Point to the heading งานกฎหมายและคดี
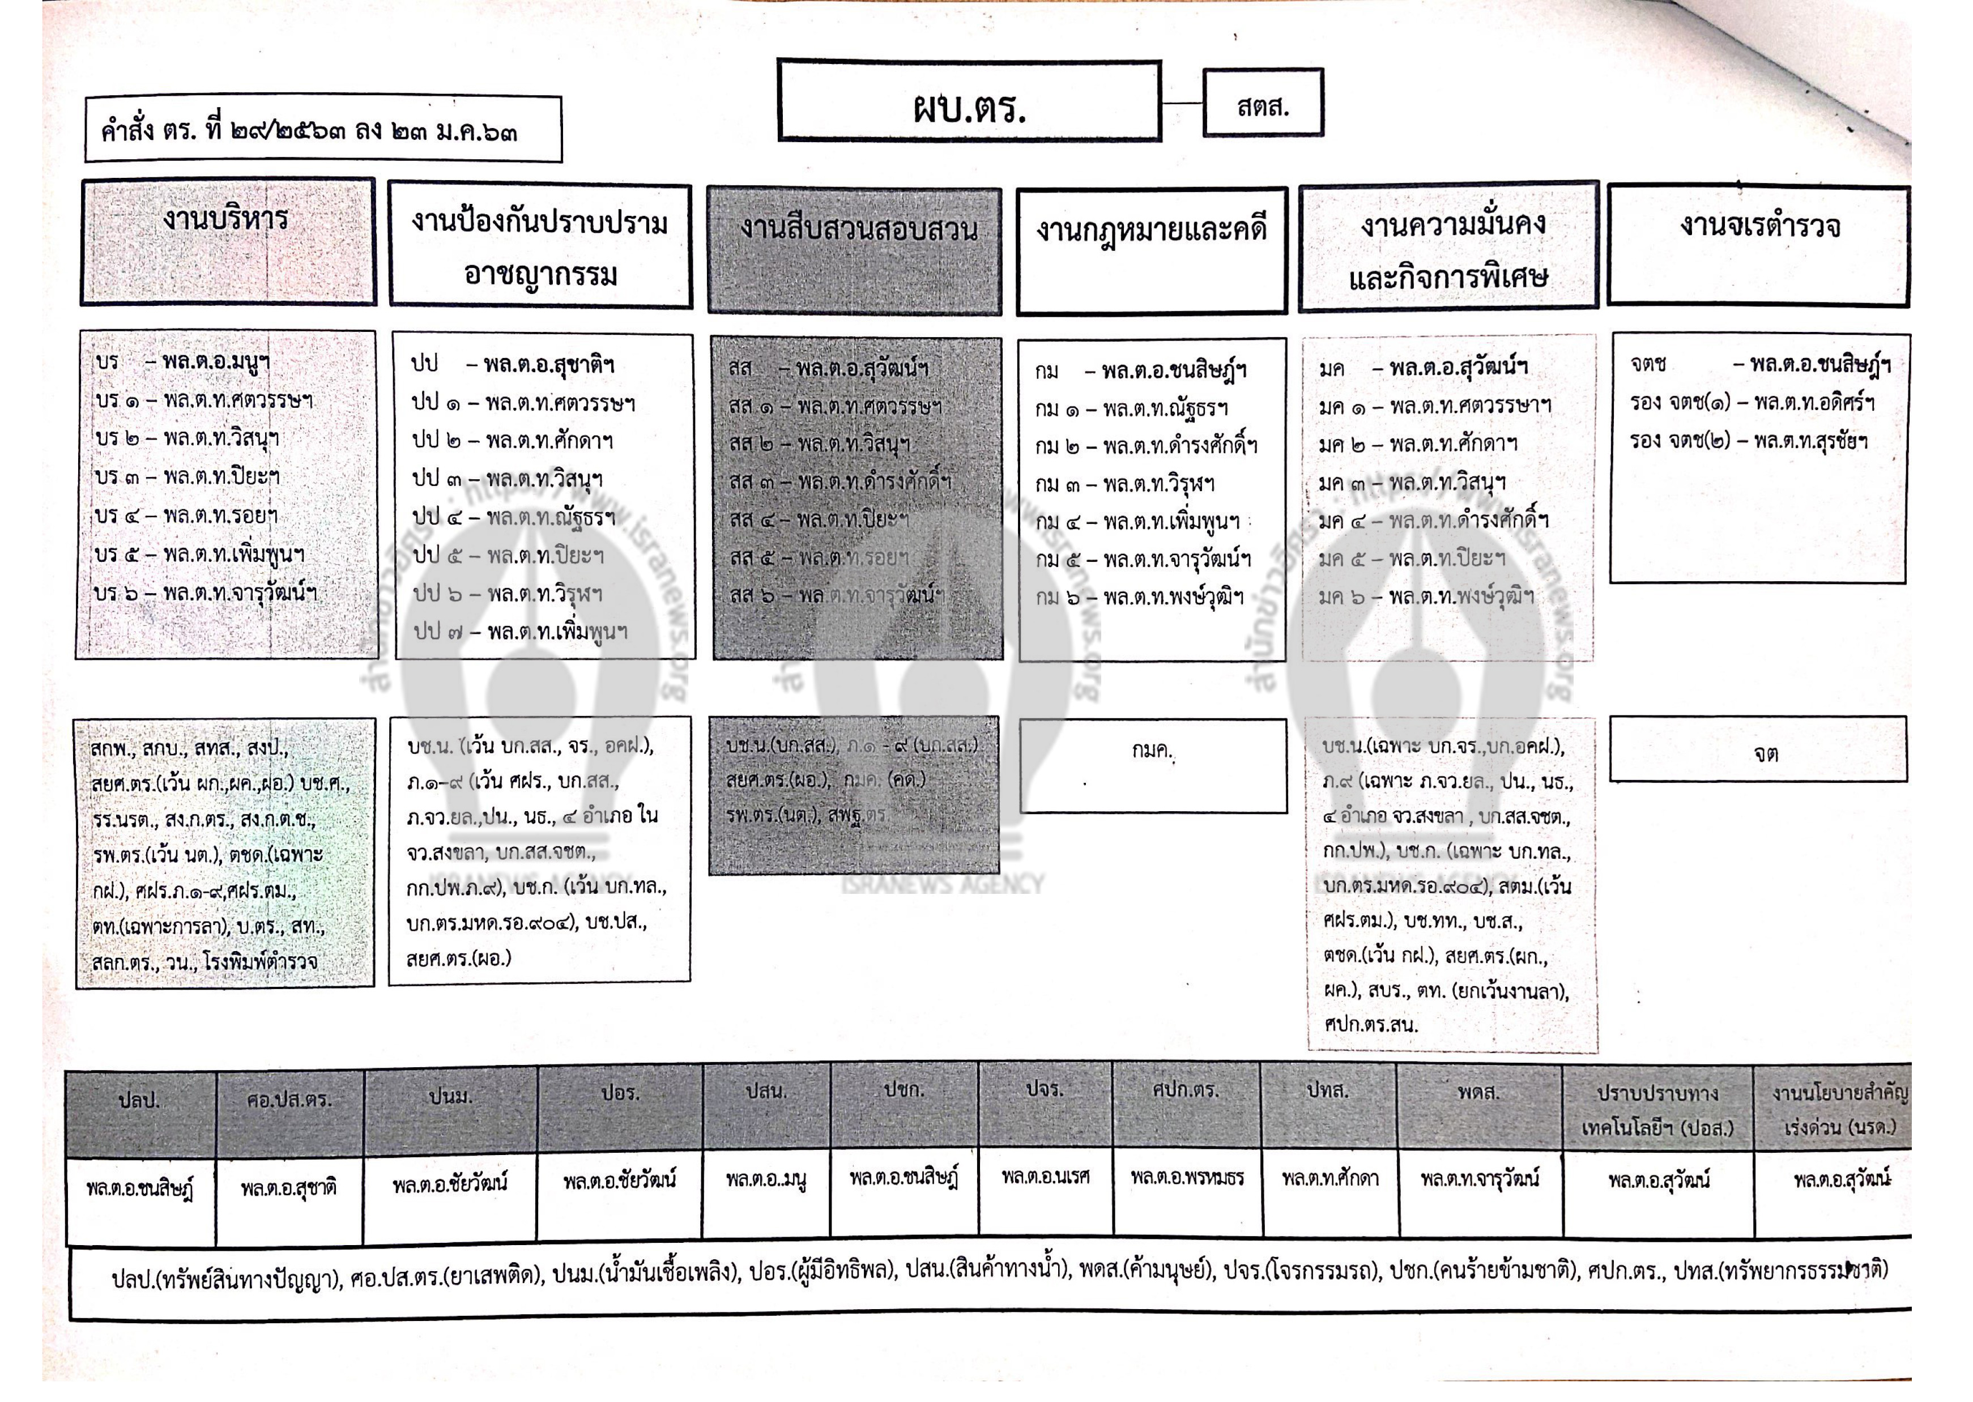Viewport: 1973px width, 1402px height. (x=1152, y=231)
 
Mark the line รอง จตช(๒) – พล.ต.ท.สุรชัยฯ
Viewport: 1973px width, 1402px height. (x=1749, y=441)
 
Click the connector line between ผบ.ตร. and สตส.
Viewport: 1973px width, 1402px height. (x=1182, y=104)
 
